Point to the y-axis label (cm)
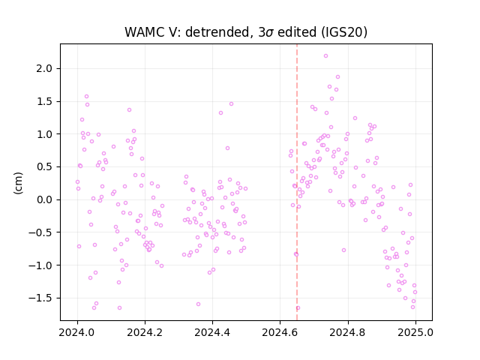[x=18, y=183]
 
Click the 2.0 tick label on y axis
[x=44, y=68]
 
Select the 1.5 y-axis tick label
[x=44, y=101]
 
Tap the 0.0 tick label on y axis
[x=44, y=199]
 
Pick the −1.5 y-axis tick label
[x=40, y=298]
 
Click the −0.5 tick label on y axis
[x=40, y=232]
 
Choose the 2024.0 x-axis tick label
[x=77, y=332]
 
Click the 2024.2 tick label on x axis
[x=145, y=332]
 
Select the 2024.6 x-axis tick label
[x=280, y=332]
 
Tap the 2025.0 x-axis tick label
[x=415, y=332]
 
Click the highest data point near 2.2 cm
[x=325, y=56]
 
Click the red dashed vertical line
[x=297, y=182]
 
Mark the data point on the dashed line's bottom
[x=298, y=308]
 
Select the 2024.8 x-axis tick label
[x=348, y=332]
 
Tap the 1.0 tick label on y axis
[x=44, y=134]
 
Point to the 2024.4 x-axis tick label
[x=212, y=332]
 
